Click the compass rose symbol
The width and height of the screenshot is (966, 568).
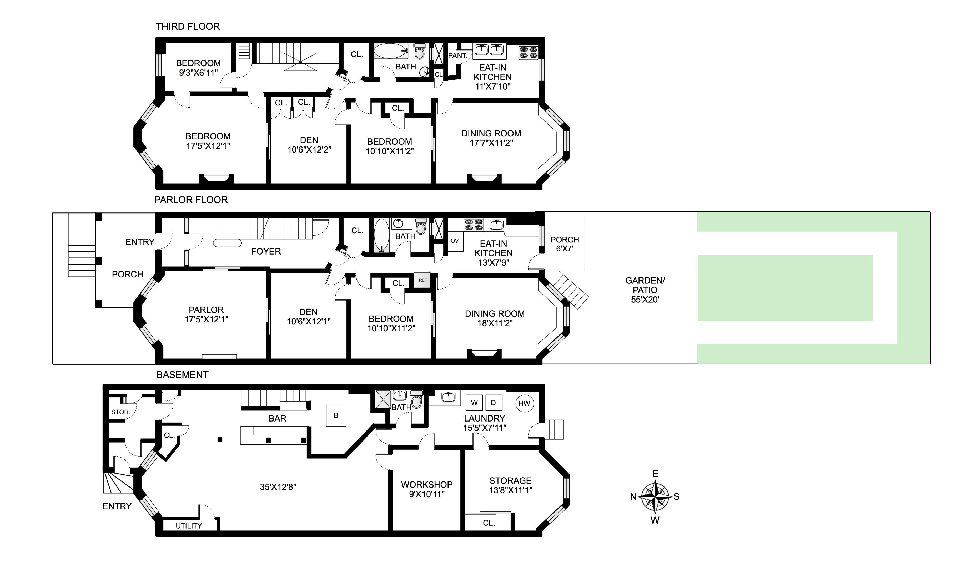tap(655, 497)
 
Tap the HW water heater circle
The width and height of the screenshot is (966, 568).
tap(524, 403)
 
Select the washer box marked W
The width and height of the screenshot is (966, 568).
tap(474, 403)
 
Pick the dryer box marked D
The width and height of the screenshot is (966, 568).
tap(493, 403)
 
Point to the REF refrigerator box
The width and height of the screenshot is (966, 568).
tap(422, 280)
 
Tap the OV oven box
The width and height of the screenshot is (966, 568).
tap(455, 241)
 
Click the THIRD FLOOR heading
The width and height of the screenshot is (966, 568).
tap(188, 27)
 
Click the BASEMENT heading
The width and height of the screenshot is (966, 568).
tap(183, 375)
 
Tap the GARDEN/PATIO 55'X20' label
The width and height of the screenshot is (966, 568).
tap(645, 290)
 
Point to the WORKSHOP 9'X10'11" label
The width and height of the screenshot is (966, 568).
tap(427, 489)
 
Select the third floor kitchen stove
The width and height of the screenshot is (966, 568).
tap(529, 52)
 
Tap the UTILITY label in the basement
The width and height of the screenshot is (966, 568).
tap(189, 526)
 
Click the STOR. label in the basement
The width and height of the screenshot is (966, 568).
tap(120, 412)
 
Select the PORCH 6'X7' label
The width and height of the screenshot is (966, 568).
tap(565, 244)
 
